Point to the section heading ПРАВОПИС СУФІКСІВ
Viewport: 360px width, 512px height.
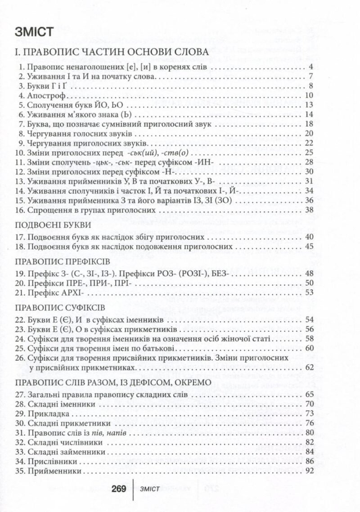click(x=54, y=308)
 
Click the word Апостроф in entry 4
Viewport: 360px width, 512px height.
click(x=46, y=95)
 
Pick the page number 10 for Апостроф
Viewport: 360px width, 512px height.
click(x=308, y=95)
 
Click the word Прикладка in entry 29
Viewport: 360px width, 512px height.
click(x=46, y=413)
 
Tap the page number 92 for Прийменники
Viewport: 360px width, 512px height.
click(x=308, y=471)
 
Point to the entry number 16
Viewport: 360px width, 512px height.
click(x=19, y=210)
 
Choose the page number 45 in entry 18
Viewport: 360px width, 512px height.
click(x=308, y=247)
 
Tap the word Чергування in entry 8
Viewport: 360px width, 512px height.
click(x=49, y=134)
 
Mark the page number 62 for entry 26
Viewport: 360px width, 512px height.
click(x=308, y=368)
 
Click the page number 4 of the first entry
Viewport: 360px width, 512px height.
click(x=310, y=67)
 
